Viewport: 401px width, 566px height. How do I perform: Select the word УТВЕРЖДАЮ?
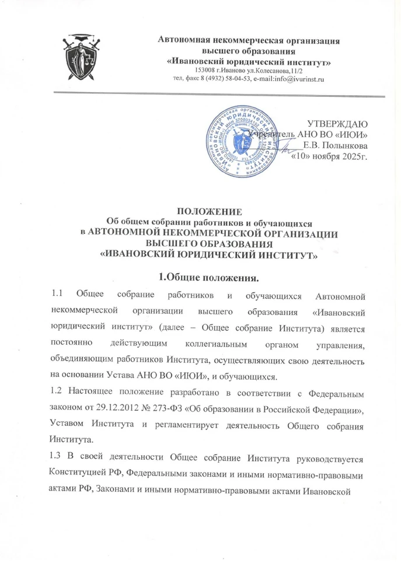point(337,124)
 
